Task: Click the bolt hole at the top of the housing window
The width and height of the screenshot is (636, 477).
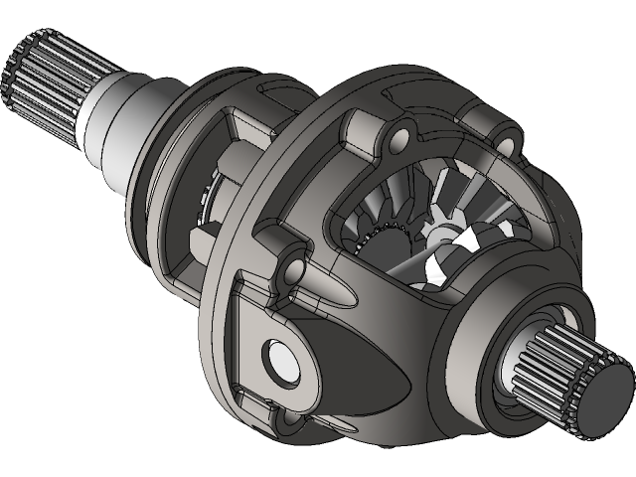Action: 401,135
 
